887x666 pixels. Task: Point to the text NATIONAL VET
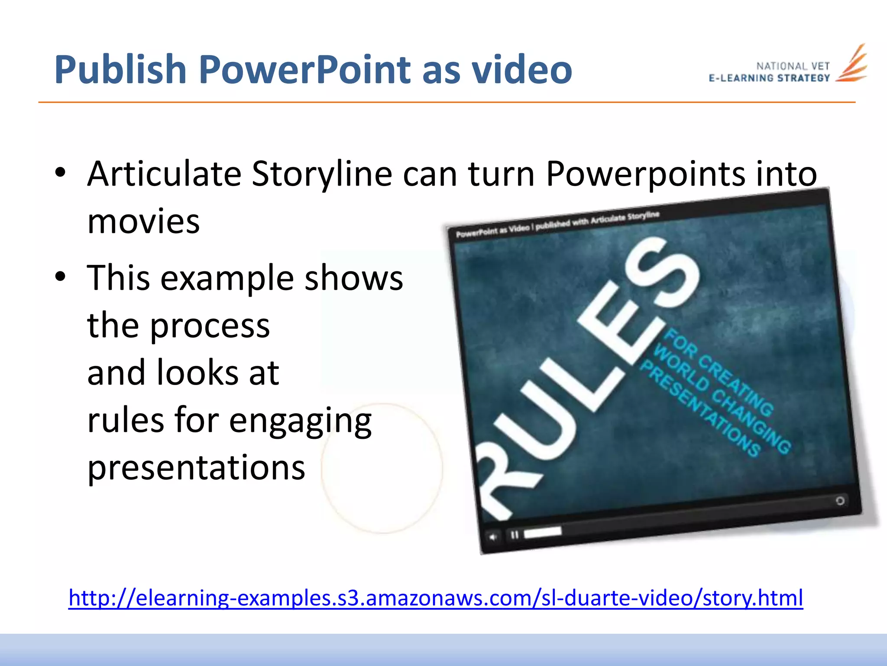point(793,66)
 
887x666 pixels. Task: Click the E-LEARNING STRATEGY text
point(769,78)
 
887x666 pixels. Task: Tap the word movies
point(143,221)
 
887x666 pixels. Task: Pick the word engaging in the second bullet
point(300,421)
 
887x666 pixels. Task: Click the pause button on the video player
point(515,535)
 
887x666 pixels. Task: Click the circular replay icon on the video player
point(840,501)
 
